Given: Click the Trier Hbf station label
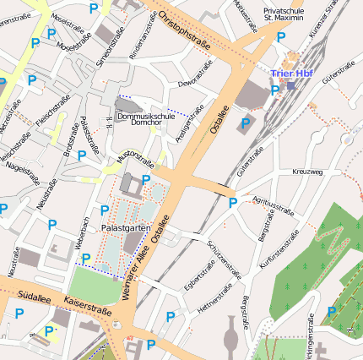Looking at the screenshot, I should coord(292,74).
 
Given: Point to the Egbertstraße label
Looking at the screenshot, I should coord(202,275).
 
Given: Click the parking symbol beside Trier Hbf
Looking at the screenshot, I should coord(274,91).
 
